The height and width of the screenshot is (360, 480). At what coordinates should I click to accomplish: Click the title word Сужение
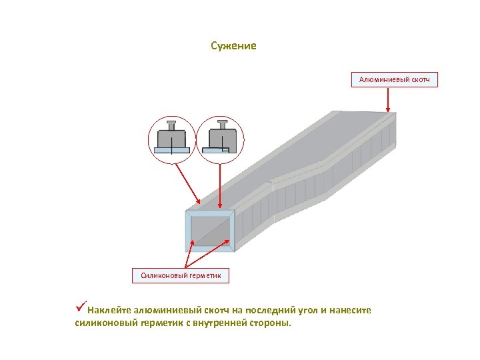tap(233, 46)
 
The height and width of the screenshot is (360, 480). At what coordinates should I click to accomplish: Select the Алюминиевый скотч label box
tap(394, 80)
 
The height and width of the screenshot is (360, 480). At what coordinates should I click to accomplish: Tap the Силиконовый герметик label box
tap(181, 275)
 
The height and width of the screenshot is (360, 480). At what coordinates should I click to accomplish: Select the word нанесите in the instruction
tap(351, 310)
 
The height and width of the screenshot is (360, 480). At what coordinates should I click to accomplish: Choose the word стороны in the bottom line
tap(274, 323)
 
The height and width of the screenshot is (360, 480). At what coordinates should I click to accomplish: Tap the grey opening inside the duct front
tap(210, 232)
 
